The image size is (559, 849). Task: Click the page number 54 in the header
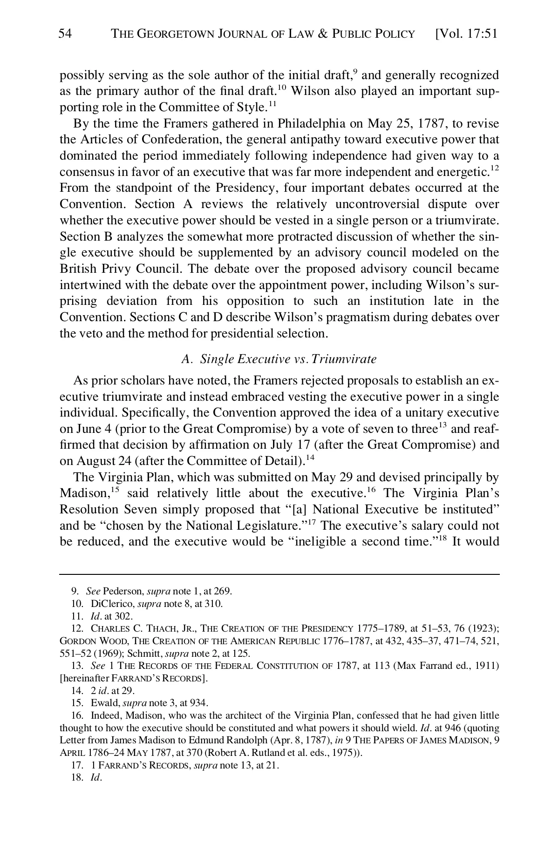(66, 34)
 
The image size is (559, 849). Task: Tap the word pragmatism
(349, 317)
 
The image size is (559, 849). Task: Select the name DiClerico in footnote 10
(112, 604)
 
